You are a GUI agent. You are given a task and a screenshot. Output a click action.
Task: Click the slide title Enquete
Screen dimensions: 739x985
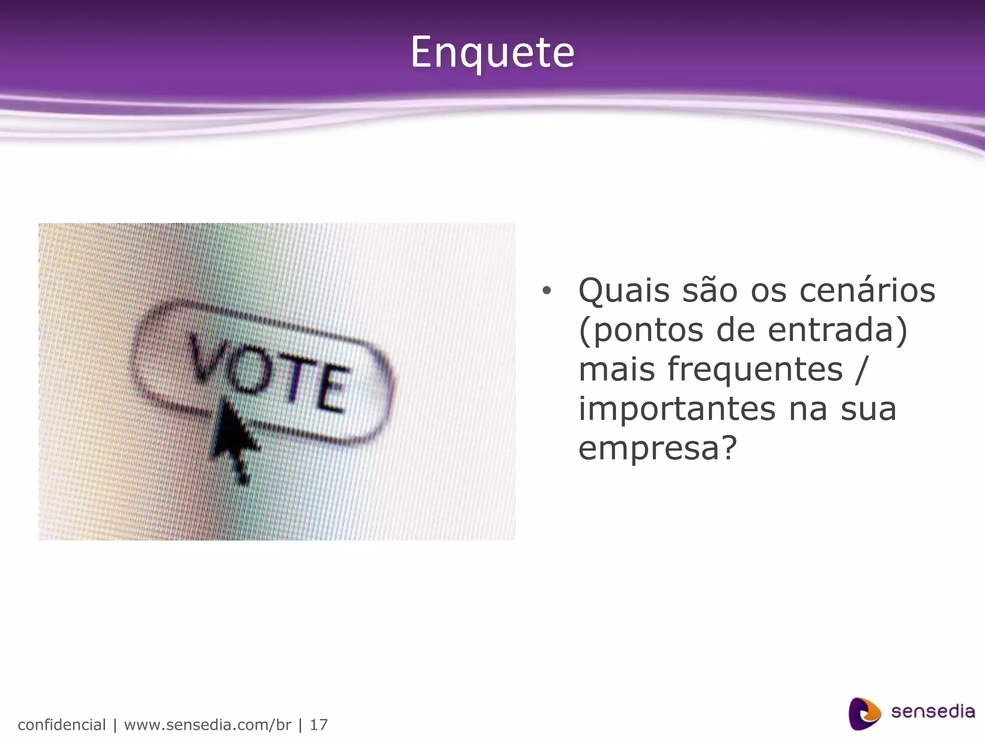click(x=492, y=52)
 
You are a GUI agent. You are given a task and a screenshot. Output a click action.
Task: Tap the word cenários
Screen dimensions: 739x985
click(x=867, y=291)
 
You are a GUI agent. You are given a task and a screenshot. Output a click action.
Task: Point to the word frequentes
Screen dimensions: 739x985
click(x=755, y=369)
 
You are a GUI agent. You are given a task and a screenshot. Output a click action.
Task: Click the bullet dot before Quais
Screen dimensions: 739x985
click(x=546, y=291)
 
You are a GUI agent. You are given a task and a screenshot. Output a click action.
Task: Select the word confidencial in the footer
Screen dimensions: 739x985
click(x=62, y=725)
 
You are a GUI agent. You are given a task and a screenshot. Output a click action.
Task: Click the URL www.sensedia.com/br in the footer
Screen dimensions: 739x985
click(x=208, y=725)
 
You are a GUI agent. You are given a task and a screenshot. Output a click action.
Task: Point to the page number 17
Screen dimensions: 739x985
click(x=318, y=725)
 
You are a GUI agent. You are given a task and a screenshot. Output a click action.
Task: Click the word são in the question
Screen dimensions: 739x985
click(x=710, y=291)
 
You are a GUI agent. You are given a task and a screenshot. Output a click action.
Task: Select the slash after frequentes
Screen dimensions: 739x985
click(x=861, y=369)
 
